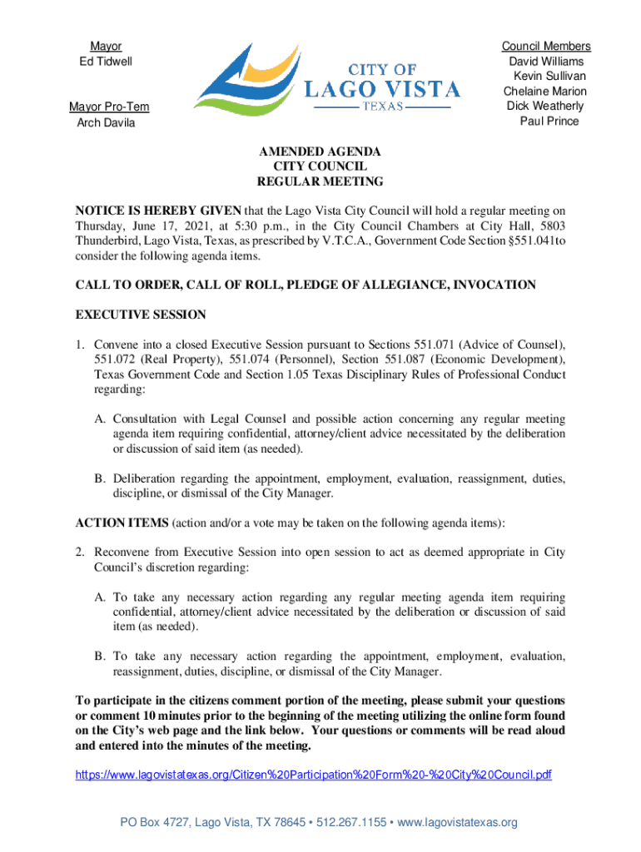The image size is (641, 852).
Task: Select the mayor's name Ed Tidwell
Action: [x=100, y=62]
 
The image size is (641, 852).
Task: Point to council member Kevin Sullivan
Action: [x=549, y=76]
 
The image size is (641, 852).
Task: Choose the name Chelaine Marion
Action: [x=545, y=91]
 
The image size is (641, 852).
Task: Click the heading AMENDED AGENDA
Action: [x=320, y=151]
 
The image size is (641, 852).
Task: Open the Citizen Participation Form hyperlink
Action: [x=314, y=775]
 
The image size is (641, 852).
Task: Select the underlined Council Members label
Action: [x=546, y=47]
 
